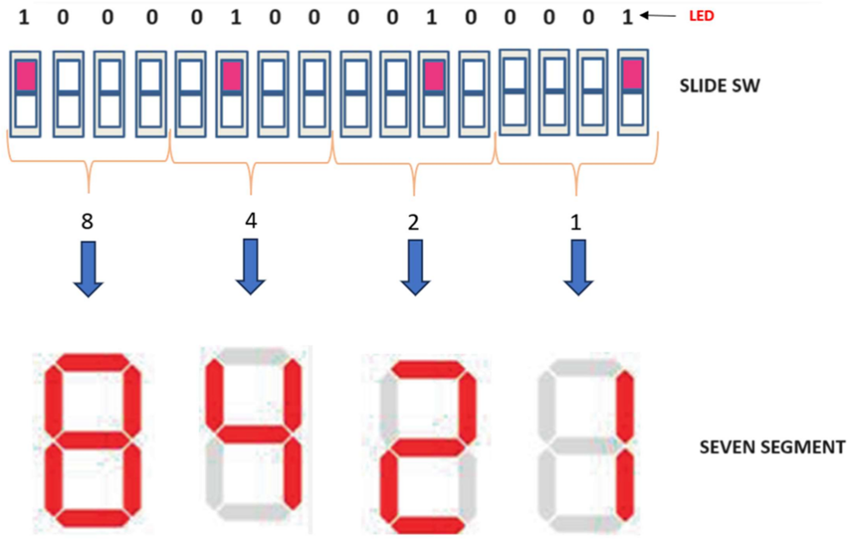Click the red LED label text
[x=701, y=16]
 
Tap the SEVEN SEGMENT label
[x=772, y=447]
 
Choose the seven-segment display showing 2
[x=421, y=445]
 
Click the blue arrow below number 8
[x=89, y=268]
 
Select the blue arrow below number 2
[x=413, y=268]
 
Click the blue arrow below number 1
[x=576, y=268]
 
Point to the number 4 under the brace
[x=251, y=220]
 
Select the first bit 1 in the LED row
[x=23, y=17]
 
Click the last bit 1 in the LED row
[x=628, y=17]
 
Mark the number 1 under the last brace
[x=576, y=222]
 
